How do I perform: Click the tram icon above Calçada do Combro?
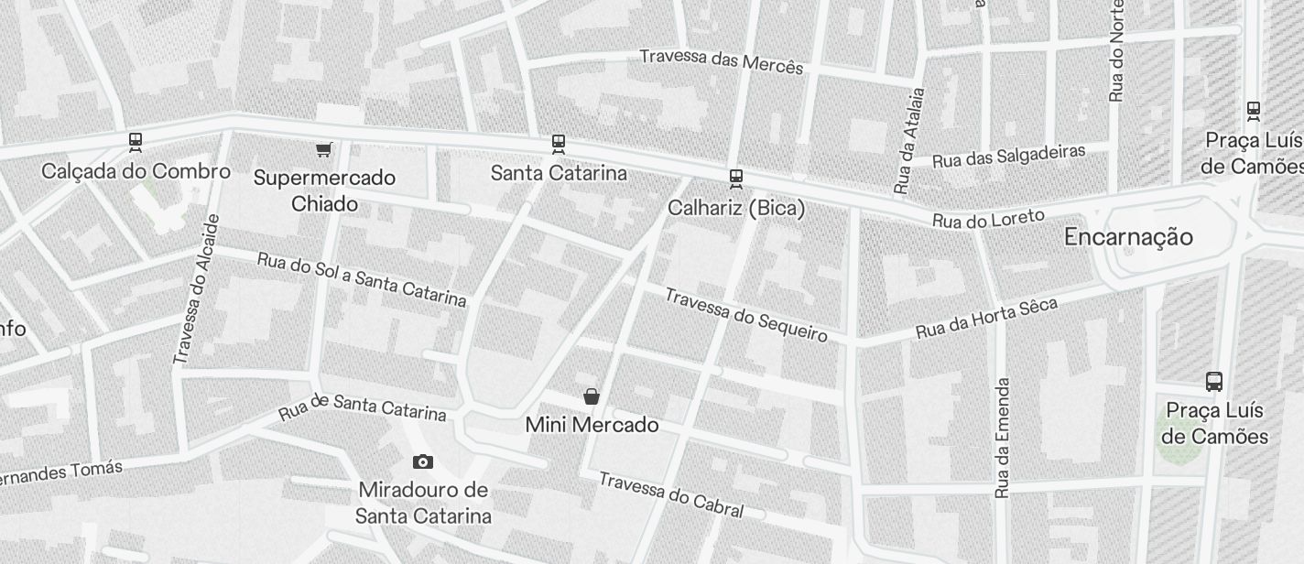coord(136,142)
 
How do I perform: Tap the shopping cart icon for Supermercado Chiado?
coord(323,149)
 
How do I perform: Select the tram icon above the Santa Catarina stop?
coord(558,144)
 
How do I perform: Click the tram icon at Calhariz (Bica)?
coord(735,178)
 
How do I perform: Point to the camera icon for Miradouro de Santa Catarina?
coord(422,461)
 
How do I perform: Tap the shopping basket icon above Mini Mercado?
coord(592,396)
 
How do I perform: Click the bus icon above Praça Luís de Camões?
coord(1214,381)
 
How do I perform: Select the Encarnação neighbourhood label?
coord(1128,237)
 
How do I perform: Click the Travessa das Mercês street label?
coord(721,60)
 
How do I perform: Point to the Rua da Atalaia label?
coord(909,140)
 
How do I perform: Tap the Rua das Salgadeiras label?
coord(1008,156)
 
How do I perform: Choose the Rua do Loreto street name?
coord(988,219)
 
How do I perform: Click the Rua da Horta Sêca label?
coord(986,318)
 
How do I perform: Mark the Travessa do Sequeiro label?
coord(745,314)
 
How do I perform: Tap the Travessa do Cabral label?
coord(670,494)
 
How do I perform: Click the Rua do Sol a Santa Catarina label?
coord(362,278)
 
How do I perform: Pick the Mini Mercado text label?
coord(592,425)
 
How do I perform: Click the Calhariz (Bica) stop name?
coord(736,208)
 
